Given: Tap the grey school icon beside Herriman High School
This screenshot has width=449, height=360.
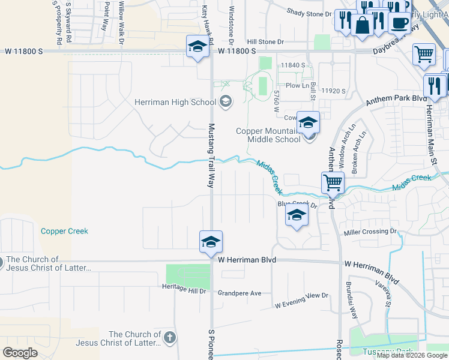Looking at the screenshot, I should pos(226,101).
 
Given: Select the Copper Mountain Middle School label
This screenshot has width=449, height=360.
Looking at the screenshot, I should pos(268,135).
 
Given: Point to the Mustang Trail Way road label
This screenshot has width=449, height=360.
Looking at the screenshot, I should pos(211,156).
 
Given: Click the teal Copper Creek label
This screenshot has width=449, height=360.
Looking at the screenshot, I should pos(64,231).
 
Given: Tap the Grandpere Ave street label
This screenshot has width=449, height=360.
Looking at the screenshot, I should pos(240,293).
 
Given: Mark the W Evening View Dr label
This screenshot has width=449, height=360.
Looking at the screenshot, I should pos(302,300).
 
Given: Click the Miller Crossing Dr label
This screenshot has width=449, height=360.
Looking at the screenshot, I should pos(370,232).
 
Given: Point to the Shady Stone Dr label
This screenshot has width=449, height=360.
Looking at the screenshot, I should pos(309,13).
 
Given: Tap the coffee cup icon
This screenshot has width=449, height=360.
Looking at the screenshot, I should pos(399,22).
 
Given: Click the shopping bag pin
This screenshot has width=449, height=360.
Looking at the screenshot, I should pos(363,25).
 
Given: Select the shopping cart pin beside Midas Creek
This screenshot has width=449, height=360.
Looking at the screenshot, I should pos(333,181).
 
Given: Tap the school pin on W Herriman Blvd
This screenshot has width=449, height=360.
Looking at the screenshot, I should pos(211,242).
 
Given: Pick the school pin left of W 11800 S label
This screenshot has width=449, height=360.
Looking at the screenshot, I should pos(196,47).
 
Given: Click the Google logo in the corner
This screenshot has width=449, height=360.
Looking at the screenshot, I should pos(20,353).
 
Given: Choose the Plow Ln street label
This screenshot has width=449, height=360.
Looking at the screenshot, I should pos(297,86).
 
